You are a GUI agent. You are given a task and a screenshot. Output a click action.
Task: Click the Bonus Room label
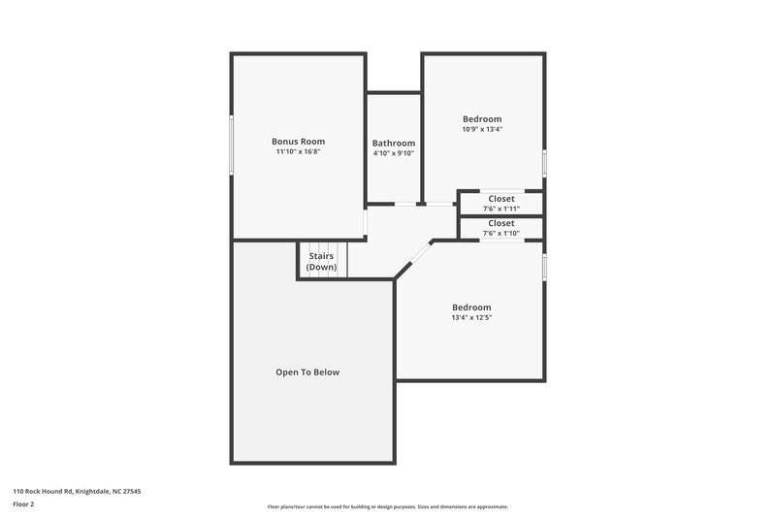[298, 141]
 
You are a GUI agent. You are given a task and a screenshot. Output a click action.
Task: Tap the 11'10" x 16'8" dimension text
[298, 152]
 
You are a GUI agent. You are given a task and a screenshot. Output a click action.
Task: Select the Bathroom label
[394, 143]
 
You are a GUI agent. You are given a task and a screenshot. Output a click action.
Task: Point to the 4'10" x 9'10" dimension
[394, 153]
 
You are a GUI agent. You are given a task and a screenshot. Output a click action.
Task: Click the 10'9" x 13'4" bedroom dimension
[482, 129]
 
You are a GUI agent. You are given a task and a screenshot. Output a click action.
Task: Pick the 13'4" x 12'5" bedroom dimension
[471, 318]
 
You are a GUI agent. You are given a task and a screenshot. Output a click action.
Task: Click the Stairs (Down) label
[321, 261]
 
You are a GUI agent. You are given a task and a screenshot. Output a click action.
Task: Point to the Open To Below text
[307, 372]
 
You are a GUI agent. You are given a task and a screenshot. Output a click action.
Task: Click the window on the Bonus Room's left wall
[231, 146]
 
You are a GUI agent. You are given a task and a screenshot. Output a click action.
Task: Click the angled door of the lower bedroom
[413, 257]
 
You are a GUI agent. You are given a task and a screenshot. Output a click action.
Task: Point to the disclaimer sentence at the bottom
[387, 506]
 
